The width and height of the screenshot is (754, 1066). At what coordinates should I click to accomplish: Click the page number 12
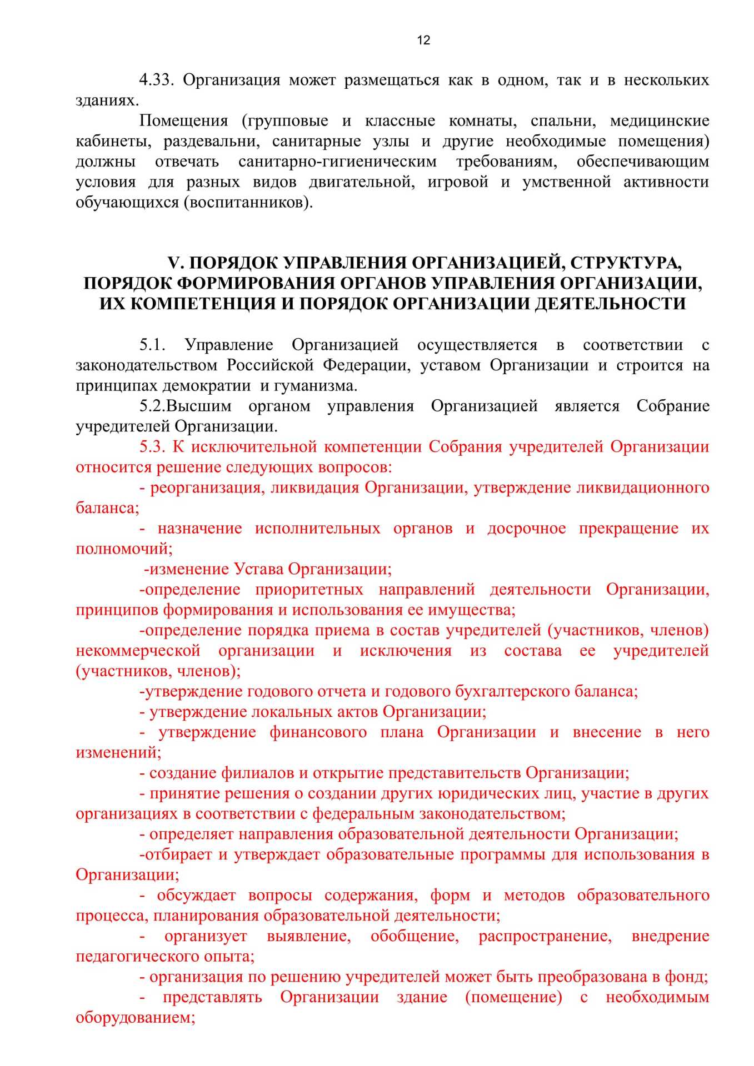423,41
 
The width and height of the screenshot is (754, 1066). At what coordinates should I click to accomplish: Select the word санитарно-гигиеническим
337,162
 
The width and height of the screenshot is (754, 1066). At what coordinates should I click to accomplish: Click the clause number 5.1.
153,345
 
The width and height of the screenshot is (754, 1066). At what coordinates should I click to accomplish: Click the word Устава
259,569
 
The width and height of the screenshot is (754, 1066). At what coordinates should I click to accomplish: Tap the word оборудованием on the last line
134,1018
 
